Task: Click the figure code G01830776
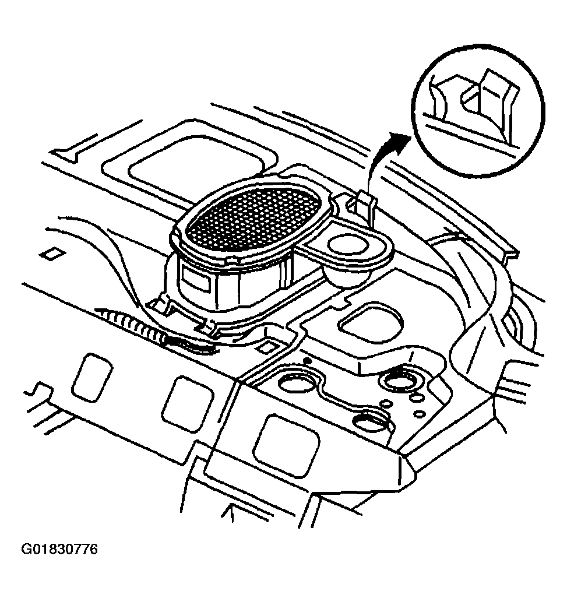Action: pos(59,549)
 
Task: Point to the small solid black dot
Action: pos(308,360)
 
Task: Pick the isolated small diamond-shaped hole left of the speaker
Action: pos(52,254)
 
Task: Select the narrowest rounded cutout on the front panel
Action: pos(91,378)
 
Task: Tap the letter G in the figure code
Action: pos(26,549)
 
